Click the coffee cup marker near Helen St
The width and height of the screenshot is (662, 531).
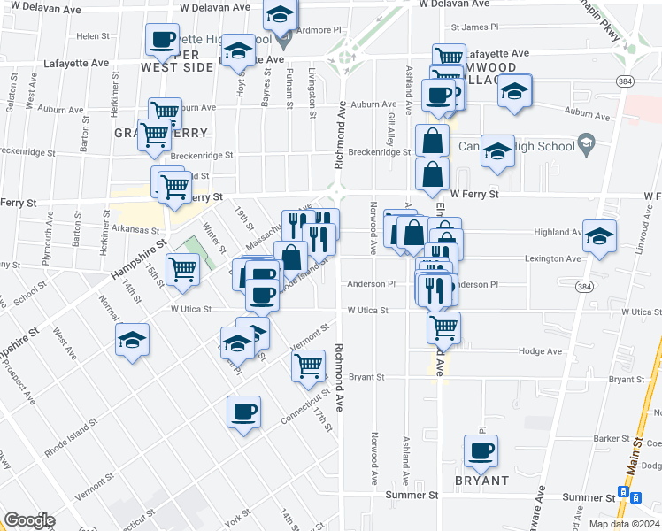pos(162,39)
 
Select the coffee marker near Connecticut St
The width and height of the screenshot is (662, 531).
pos(244,412)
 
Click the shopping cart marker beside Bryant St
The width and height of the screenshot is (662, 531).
pos(308,365)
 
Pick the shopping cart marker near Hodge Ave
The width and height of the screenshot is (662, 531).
pos(443,327)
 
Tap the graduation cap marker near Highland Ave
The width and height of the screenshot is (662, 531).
pos(599,236)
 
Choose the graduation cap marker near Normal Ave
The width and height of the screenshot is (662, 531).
pos(132,340)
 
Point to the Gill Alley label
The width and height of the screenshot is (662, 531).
pos(390,129)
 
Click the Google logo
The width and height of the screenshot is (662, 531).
pos(29,520)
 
